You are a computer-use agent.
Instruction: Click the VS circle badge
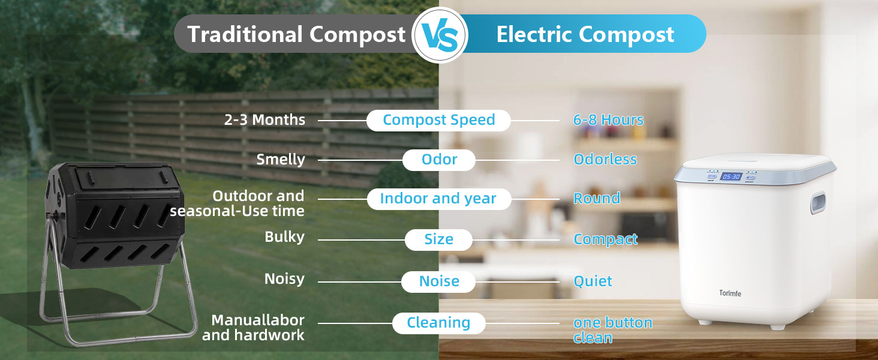[x=440, y=35]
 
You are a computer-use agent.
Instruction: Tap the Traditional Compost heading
[x=296, y=34]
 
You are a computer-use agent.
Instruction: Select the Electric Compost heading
[x=585, y=34]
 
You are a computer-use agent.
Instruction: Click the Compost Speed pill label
[x=438, y=120]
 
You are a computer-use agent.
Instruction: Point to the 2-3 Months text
[x=264, y=119]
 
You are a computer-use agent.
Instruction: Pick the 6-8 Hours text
[x=608, y=119]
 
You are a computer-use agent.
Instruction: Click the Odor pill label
[x=439, y=160]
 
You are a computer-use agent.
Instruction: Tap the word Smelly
[x=281, y=160]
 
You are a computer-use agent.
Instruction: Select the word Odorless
[x=605, y=159]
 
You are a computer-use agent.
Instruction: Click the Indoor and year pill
[x=439, y=199]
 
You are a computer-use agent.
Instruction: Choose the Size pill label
[x=438, y=239]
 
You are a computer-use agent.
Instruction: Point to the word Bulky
[x=284, y=237]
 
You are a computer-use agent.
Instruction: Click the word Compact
[x=606, y=239]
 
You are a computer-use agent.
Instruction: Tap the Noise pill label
[x=438, y=281]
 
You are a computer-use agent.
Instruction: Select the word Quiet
[x=593, y=281]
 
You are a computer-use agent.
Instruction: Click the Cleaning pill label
[x=439, y=323]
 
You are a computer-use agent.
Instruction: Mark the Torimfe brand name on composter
[x=730, y=293]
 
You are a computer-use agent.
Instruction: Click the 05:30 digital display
[x=732, y=177]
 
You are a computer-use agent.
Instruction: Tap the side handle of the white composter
[x=818, y=203]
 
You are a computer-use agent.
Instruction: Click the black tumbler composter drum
[x=116, y=215]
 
